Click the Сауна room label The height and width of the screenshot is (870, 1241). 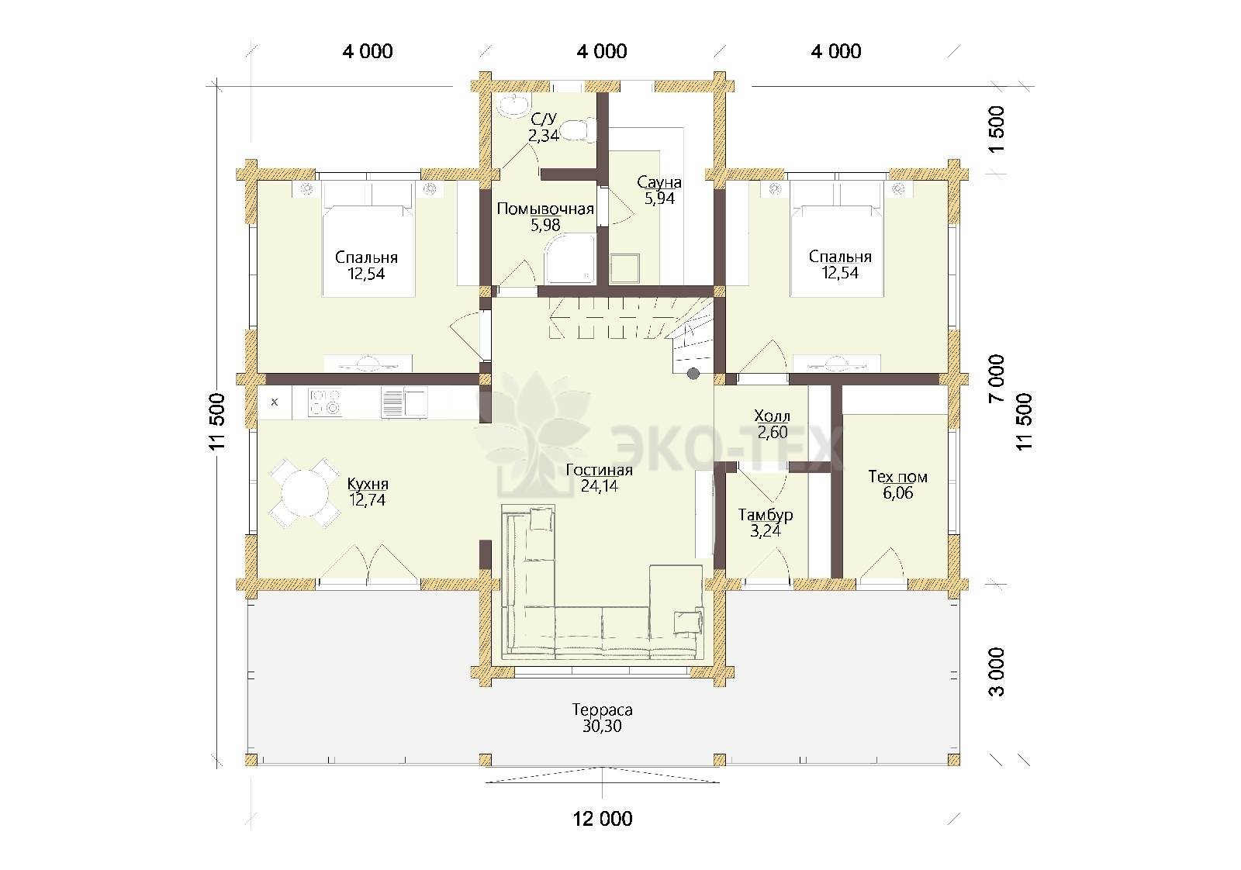coord(659,181)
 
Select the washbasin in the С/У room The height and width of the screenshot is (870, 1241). coord(515,105)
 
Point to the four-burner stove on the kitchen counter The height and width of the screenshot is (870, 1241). coord(325,402)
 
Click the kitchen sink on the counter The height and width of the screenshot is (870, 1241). coord(404,402)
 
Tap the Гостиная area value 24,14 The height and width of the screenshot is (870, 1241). coord(600,485)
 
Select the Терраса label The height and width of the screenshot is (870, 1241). coord(602,709)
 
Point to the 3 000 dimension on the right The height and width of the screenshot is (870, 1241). coord(996,671)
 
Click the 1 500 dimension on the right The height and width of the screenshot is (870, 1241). coord(996,131)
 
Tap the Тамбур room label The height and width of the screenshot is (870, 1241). coord(765,514)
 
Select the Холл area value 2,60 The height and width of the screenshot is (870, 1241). coord(773,432)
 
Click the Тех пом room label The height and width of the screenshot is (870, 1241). coord(897,476)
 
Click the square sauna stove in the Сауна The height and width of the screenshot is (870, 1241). coord(625,268)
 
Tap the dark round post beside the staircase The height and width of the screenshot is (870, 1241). coord(693,374)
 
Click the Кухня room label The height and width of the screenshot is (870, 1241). coord(368,483)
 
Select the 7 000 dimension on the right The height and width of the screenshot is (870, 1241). coord(996,379)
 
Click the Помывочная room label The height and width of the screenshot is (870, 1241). coord(545,209)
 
